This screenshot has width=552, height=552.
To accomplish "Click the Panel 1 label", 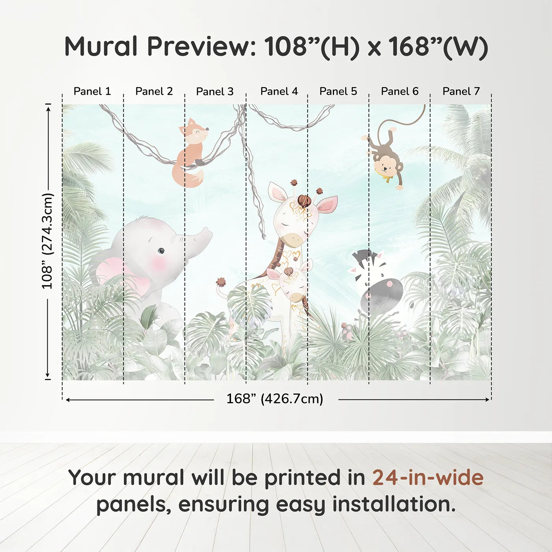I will (92, 91).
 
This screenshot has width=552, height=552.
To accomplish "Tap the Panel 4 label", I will (279, 91).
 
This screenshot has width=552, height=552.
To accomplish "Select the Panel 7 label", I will (461, 91).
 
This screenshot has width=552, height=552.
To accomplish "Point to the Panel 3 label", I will (215, 91).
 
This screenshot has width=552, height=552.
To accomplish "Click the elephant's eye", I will (161, 251).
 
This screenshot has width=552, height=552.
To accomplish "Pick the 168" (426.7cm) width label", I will (275, 399).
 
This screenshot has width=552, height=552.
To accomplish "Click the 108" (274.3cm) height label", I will (47, 241).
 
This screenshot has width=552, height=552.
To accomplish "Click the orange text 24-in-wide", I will (428, 477).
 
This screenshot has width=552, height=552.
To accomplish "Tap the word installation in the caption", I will (393, 504).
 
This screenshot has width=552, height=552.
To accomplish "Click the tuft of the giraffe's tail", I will (220, 282).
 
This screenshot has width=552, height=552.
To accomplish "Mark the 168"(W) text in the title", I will (438, 47).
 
